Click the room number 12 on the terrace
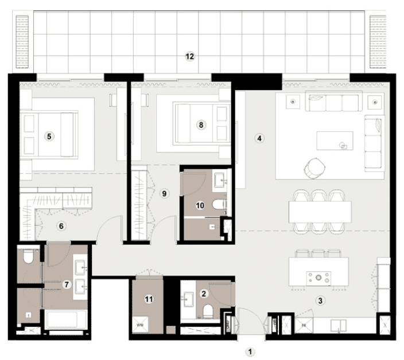190,56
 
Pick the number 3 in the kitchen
320,300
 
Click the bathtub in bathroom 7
65,319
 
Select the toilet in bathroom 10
219,205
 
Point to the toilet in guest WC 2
208,312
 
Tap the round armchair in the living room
313,166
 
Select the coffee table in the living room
335,140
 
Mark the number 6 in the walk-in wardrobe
61,225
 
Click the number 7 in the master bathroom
67,284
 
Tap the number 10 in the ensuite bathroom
200,205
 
